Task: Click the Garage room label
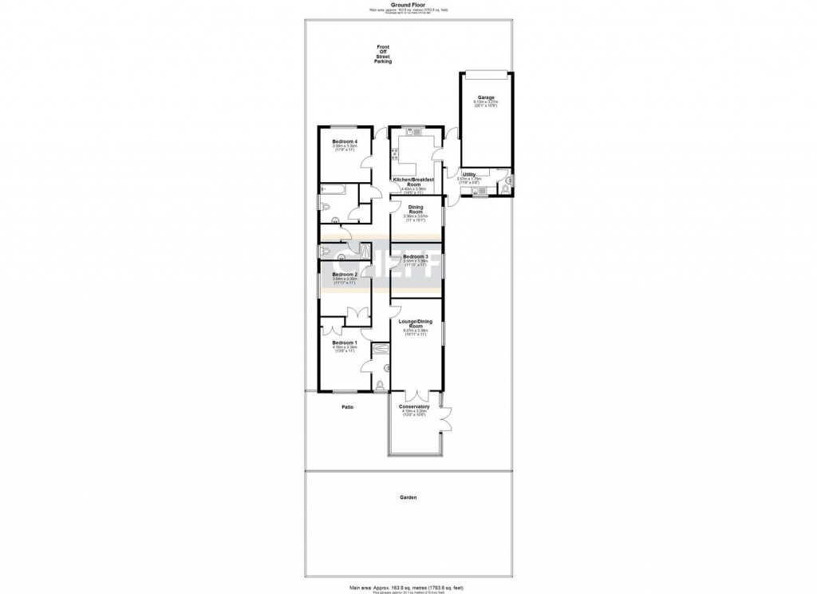[486, 98]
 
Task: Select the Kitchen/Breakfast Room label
[413, 182]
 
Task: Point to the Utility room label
[468, 173]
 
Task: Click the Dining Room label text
[416, 209]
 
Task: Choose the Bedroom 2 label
[344, 274]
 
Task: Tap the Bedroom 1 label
[344, 342]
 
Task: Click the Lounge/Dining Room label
[415, 323]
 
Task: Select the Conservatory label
[415, 406]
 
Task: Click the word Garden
[408, 497]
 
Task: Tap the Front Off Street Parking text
[384, 55]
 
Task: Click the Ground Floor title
[408, 4]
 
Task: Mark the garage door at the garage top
[486, 74]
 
